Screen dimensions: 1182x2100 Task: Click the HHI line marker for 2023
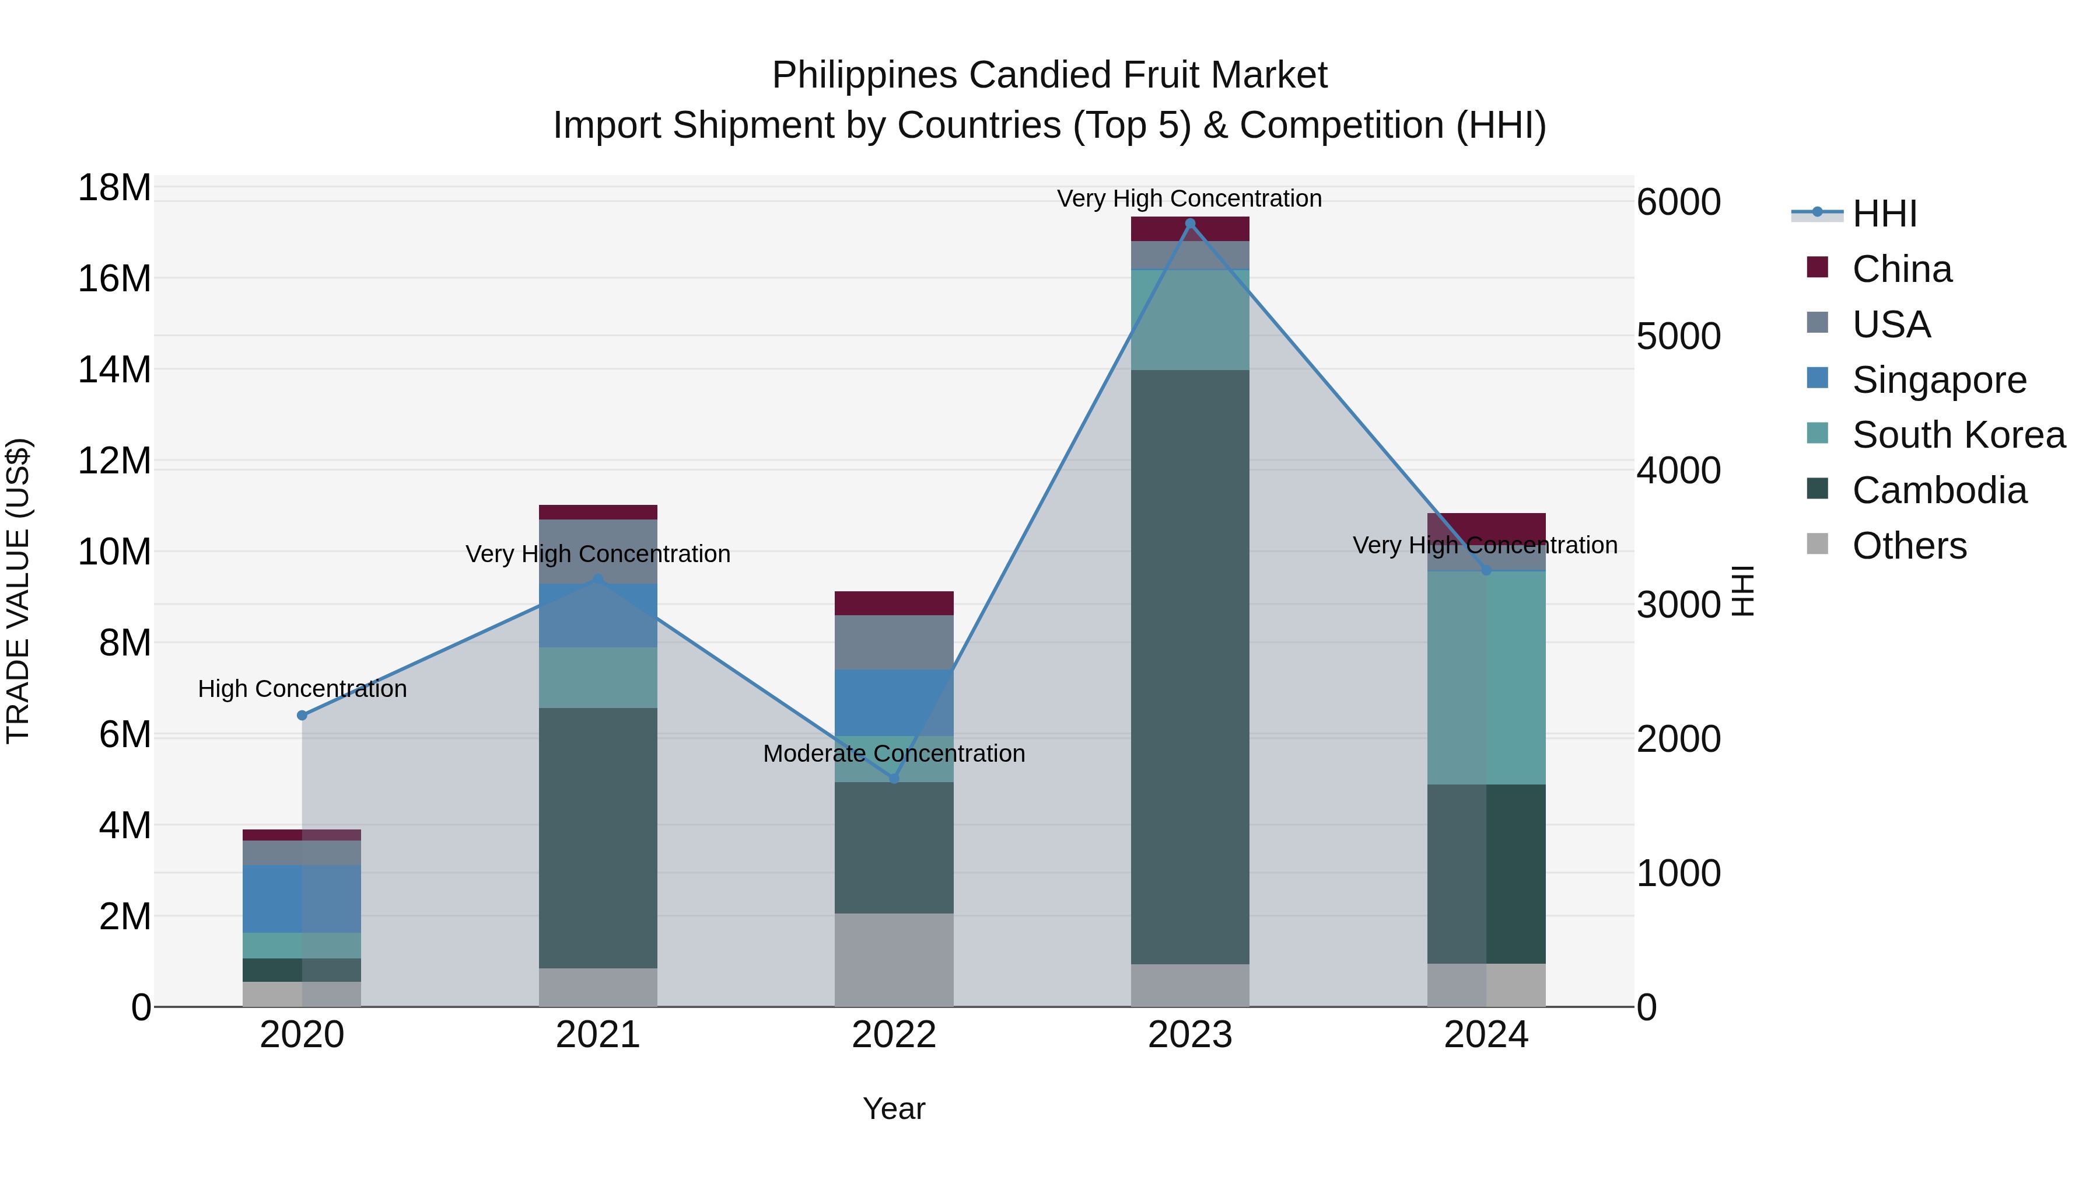[1189, 224]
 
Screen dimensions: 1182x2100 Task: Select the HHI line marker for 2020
[302, 716]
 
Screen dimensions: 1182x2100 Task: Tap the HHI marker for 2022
[894, 779]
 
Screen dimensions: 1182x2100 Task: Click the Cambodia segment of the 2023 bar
[1189, 667]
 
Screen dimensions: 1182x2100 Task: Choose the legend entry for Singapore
[1938, 380]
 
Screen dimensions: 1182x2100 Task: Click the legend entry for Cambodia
[1938, 491]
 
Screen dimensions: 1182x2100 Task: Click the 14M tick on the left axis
[114, 369]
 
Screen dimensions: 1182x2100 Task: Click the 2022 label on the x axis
[894, 1035]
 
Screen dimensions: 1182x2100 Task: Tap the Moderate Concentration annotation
[894, 754]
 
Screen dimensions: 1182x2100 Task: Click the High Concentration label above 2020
[302, 689]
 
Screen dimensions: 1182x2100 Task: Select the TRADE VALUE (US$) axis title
[18, 591]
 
